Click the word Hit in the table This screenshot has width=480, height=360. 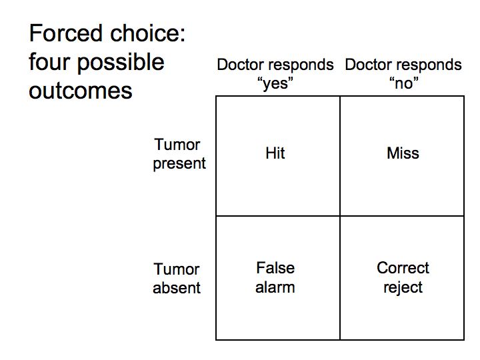click(x=275, y=153)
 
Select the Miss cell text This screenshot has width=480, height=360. click(x=403, y=153)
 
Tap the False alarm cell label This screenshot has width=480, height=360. click(x=275, y=277)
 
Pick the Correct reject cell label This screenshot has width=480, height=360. click(x=403, y=277)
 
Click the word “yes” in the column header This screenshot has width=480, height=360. click(x=275, y=83)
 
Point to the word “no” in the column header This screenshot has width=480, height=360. click(x=403, y=83)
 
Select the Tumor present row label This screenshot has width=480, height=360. click(x=179, y=154)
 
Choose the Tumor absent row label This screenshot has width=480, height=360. click(x=177, y=279)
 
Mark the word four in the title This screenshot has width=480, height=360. click(x=49, y=62)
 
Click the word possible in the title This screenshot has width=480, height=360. click(x=121, y=63)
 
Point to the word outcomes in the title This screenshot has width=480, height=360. click(x=81, y=91)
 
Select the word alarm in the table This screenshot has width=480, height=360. click(x=275, y=288)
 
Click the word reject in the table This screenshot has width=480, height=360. click(x=403, y=288)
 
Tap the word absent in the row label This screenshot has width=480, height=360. click(x=177, y=288)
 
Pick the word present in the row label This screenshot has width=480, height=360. click(x=179, y=164)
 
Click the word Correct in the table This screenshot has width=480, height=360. click(x=403, y=268)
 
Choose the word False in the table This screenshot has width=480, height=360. click(x=275, y=268)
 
